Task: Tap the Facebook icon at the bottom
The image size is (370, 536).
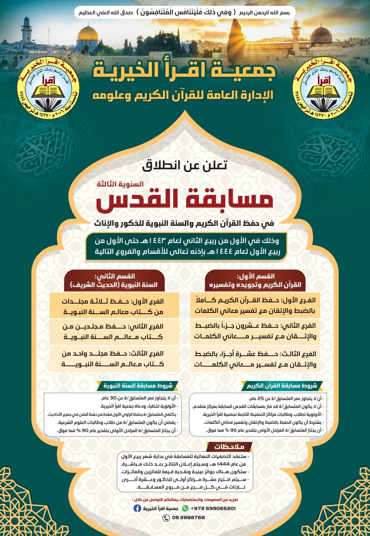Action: (x=137, y=508)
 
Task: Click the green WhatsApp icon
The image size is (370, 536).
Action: (x=185, y=508)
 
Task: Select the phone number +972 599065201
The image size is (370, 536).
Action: (x=213, y=508)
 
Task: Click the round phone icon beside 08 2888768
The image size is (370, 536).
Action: (x=166, y=518)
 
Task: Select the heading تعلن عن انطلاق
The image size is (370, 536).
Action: (x=185, y=165)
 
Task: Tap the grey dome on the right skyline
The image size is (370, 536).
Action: (x=321, y=36)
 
